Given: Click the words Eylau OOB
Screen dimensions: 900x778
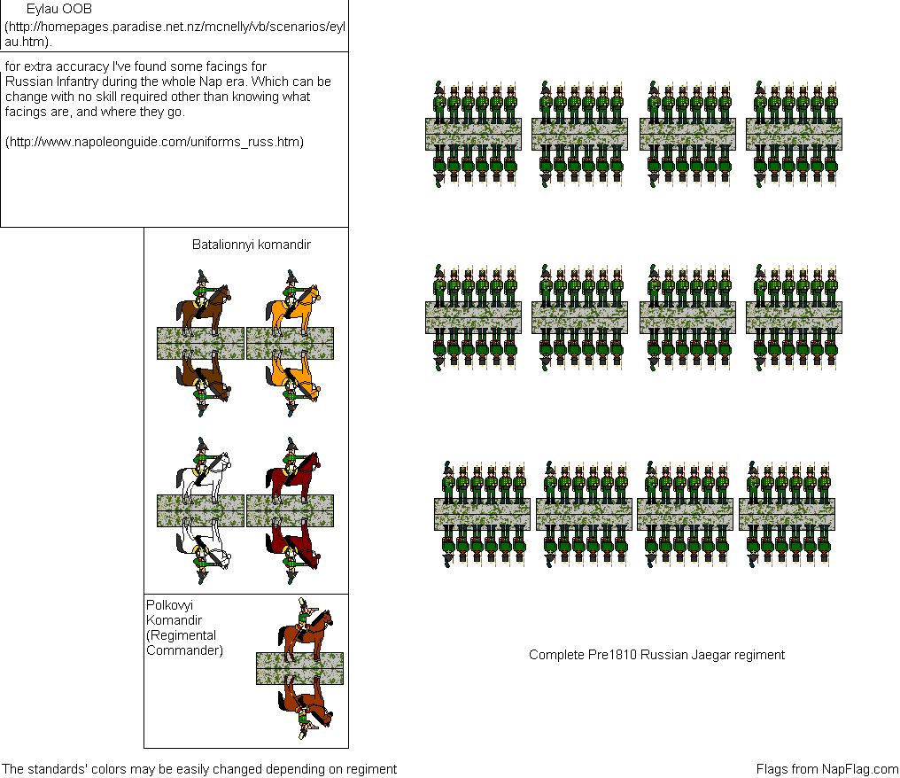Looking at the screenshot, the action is [x=59, y=9].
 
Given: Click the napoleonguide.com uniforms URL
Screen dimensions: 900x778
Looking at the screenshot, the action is [x=154, y=142].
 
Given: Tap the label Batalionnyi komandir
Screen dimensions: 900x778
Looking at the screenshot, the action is [x=252, y=245].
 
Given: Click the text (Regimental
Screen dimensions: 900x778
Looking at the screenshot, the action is [x=181, y=635].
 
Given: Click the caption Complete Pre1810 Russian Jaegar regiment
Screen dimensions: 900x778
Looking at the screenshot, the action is [x=656, y=655].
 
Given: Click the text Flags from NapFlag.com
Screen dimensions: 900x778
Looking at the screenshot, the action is [x=827, y=769].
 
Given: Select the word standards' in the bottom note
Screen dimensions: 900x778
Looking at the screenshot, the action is [x=58, y=769].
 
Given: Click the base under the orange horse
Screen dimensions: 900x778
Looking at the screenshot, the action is [x=291, y=343].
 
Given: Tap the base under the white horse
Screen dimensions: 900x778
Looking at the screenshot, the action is [x=201, y=511].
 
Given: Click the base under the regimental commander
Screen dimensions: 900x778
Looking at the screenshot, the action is [x=299, y=668].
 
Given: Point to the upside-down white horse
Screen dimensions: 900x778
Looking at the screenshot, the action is [x=203, y=544].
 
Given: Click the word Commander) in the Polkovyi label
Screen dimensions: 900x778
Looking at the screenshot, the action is [x=185, y=650].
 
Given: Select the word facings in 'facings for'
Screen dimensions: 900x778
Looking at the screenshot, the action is [x=226, y=66].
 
